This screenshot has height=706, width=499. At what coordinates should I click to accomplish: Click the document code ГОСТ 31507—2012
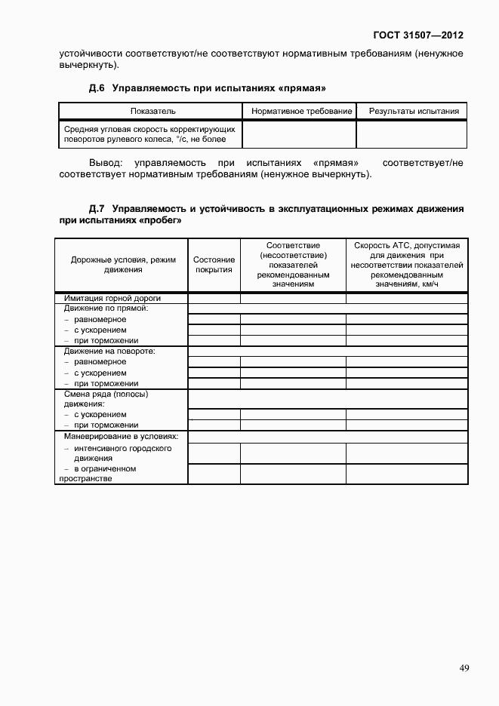418,35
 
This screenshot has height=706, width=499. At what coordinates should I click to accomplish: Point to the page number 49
464,668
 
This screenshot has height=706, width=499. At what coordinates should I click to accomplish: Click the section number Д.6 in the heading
97,88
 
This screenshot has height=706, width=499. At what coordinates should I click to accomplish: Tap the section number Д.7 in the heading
97,208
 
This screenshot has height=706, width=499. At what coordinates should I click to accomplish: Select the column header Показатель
153,112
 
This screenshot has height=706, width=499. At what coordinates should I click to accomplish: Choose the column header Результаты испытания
414,112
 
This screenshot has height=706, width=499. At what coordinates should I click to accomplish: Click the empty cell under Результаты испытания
412,134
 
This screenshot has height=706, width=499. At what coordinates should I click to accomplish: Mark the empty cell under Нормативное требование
300,134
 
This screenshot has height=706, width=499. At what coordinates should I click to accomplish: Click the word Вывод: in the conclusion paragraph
105,163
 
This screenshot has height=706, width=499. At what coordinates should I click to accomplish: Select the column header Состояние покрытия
214,265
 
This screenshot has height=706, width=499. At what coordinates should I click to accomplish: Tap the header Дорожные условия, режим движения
122,265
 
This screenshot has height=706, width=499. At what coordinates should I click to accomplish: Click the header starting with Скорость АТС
407,265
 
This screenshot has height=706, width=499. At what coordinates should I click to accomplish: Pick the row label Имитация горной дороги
112,298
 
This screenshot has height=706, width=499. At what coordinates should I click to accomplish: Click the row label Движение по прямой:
106,308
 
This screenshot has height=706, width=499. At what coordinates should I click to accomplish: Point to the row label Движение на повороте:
109,351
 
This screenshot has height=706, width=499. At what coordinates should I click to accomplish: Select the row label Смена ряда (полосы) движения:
106,398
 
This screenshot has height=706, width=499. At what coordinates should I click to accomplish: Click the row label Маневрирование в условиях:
121,436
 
